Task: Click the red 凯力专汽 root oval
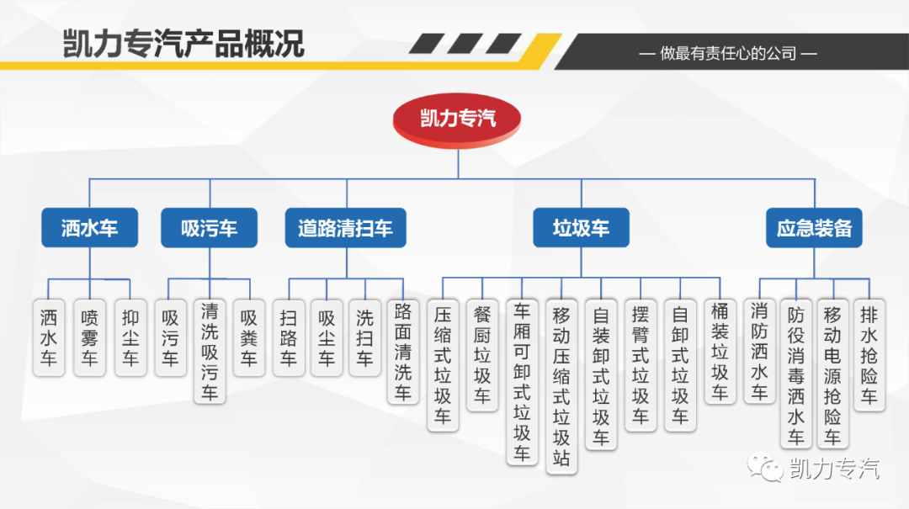(x=458, y=118)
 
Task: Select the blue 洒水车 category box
(x=89, y=228)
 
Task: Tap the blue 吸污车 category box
(x=209, y=228)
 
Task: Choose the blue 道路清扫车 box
(x=345, y=228)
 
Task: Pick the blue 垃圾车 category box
(x=581, y=228)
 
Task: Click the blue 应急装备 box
(x=814, y=228)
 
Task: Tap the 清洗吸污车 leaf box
(x=210, y=351)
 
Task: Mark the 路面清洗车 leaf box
(x=403, y=351)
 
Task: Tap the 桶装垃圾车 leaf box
(x=720, y=351)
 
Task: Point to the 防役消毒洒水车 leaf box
(x=795, y=374)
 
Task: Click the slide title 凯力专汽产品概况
(x=183, y=44)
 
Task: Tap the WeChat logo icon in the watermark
(x=767, y=468)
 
